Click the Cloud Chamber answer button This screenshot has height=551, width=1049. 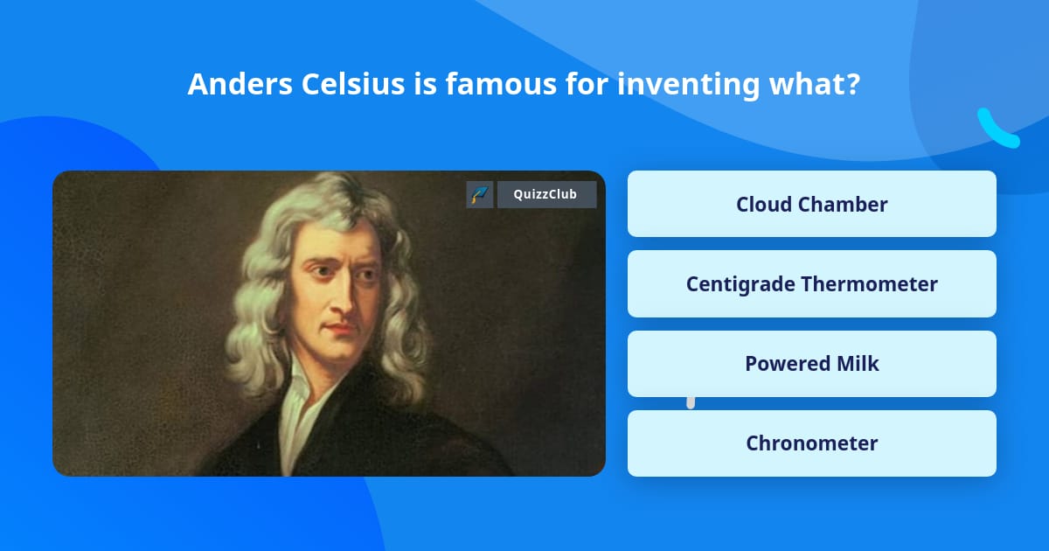tap(811, 204)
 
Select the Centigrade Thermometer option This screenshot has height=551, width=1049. tap(811, 284)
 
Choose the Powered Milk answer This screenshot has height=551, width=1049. tap(811, 364)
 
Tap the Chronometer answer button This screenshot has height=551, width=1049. tap(811, 443)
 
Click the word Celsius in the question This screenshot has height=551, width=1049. tap(352, 84)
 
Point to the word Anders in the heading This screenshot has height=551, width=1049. tap(240, 84)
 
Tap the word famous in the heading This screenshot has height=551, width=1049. tap(501, 84)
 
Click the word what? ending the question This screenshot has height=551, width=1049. tap(815, 84)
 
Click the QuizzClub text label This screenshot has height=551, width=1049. tap(545, 194)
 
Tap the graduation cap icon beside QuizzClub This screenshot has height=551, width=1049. tap(480, 194)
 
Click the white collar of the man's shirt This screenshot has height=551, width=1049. tap(300, 412)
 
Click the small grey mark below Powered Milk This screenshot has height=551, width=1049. tap(691, 402)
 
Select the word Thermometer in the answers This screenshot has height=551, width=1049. tap(869, 284)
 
